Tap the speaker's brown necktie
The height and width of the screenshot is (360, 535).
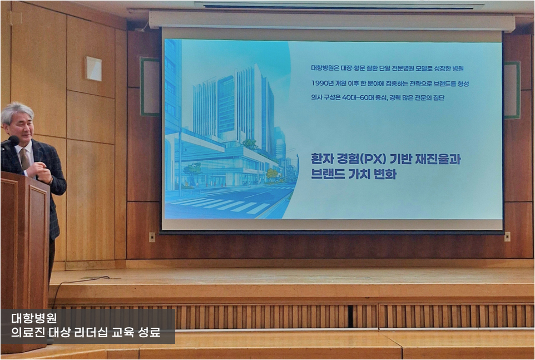tap(24, 159)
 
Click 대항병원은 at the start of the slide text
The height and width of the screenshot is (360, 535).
tap(325, 68)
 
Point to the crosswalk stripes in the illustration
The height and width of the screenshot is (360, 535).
tap(222, 205)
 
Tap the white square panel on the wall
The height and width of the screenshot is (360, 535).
tap(93, 68)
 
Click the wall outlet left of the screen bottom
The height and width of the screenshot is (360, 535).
tap(152, 237)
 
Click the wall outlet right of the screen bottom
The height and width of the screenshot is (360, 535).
tap(507, 236)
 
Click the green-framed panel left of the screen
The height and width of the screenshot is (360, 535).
tap(150, 87)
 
